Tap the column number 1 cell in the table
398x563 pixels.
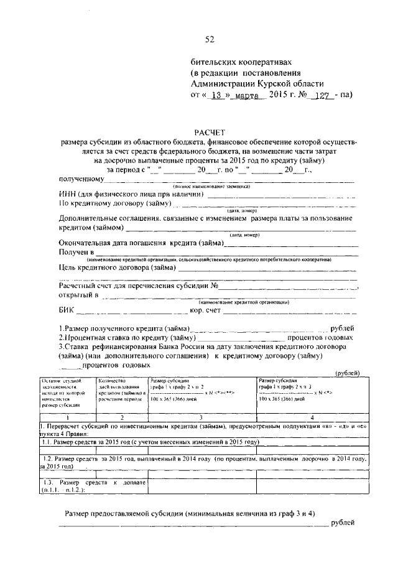(x=66, y=417)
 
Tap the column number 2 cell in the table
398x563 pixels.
(x=121, y=417)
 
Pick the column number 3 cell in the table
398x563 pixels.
(x=202, y=417)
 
